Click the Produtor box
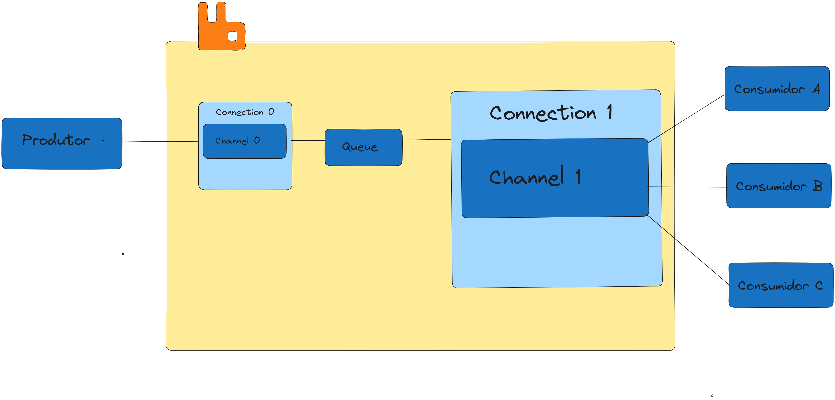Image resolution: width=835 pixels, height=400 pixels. tap(62, 144)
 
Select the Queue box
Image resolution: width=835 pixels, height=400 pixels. tap(363, 147)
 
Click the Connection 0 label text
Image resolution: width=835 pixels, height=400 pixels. tap(245, 112)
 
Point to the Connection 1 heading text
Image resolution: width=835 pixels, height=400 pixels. tap(551, 113)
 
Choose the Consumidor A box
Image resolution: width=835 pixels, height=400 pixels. tap(777, 89)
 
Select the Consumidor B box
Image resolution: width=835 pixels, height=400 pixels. tap(779, 186)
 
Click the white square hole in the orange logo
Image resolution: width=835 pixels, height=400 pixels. tap(232, 36)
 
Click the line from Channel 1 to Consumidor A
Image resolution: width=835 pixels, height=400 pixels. tap(686, 119)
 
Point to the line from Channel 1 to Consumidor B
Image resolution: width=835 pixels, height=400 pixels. tap(688, 187)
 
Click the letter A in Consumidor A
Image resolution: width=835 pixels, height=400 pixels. tap(816, 89)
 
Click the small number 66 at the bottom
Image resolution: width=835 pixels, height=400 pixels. tap(711, 396)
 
